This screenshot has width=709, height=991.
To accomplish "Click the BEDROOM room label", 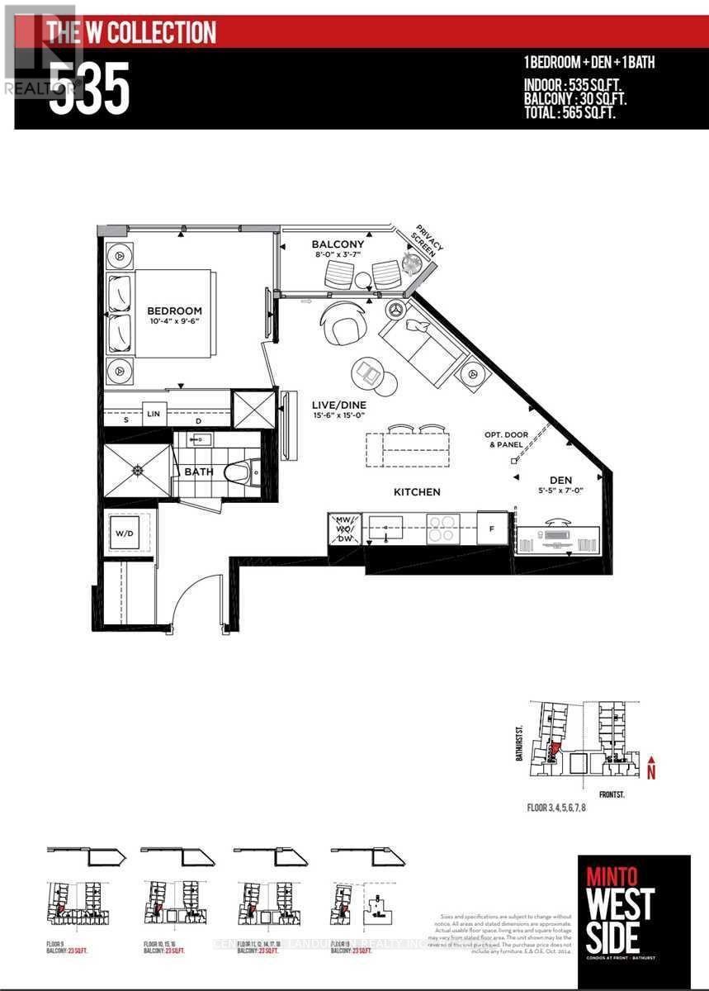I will [x=174, y=311].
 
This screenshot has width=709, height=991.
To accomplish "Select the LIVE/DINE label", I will [x=338, y=405].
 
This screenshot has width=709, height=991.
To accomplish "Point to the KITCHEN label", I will [x=417, y=491].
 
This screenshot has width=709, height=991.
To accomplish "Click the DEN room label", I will [x=560, y=481].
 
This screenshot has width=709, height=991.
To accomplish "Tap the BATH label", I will [x=199, y=472].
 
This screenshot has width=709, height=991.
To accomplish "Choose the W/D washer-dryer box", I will [x=128, y=532].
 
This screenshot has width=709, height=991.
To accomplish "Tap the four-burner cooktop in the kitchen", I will [x=444, y=529].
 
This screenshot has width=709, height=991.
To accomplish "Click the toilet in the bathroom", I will [x=239, y=473].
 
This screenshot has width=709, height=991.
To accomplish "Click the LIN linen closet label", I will [x=152, y=412].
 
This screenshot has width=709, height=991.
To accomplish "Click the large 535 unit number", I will [x=89, y=89].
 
